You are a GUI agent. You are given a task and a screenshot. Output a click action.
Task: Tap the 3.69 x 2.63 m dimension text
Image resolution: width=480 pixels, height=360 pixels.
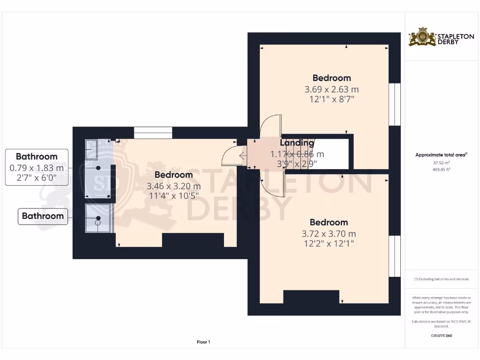pos(331,89)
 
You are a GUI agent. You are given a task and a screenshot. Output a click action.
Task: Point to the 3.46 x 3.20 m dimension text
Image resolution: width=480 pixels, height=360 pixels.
pos(173,186)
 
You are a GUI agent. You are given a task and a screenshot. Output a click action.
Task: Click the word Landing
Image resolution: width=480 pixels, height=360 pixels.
pos(297,143)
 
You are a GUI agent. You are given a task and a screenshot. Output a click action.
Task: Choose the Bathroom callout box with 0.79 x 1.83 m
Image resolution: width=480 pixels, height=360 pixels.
pos(37,167)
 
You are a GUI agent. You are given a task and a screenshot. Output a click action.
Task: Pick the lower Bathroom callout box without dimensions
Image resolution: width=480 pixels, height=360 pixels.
pos(43,216)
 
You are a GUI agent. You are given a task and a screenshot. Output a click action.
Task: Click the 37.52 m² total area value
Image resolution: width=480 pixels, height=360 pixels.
pos(442,163)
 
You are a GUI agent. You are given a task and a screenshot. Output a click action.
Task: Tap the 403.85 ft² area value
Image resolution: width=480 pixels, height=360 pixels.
pos(442,169)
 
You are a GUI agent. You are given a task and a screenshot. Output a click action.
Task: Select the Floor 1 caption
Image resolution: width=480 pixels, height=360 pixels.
pos(203,342)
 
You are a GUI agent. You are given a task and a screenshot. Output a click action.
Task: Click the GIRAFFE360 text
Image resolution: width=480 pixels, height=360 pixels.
pos(442,336)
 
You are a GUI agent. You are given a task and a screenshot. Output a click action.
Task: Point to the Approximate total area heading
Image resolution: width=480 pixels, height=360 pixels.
pos(442,155)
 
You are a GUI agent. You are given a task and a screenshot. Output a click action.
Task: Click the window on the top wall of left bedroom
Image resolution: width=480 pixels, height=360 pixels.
pos(153,133)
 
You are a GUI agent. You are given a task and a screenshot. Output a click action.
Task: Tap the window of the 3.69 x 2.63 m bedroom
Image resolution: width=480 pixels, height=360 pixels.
pos(395,105)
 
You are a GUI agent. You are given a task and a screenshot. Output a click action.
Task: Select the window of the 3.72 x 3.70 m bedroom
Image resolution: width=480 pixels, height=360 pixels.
pos(395,256)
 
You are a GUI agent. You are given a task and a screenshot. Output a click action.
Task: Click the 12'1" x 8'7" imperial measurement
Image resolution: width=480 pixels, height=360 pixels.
pos(331,99)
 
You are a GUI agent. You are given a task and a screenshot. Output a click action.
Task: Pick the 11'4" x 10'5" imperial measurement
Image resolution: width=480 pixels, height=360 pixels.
pos(173,195)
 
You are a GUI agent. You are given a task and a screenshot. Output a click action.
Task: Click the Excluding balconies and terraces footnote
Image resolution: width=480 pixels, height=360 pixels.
pos(442,279)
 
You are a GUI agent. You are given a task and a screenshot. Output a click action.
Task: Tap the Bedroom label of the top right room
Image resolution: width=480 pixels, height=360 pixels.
pos(331,78)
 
